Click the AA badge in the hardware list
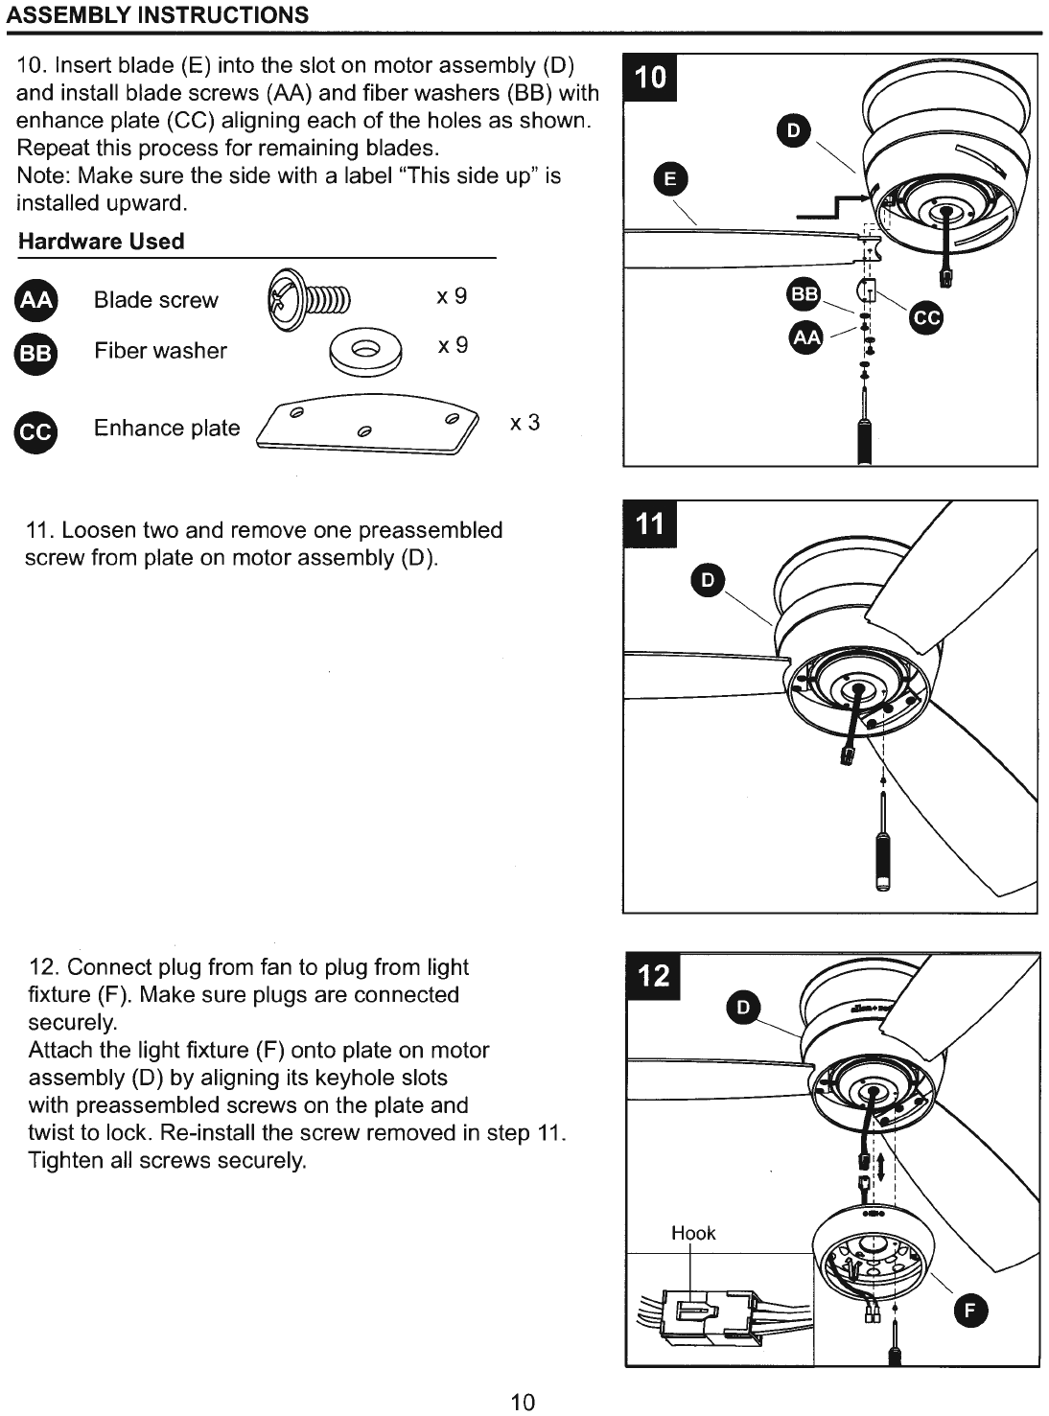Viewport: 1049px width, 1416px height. (35, 299)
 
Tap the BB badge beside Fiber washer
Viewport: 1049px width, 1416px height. (35, 353)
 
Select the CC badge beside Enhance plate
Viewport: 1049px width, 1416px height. (35, 432)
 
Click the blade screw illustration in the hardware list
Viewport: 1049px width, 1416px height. (309, 299)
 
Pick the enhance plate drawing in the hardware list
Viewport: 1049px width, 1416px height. (367, 425)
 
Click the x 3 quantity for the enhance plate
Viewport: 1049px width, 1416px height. (524, 423)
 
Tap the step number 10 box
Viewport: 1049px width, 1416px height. (650, 78)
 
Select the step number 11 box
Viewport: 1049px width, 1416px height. (650, 524)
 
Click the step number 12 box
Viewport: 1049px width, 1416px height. (653, 976)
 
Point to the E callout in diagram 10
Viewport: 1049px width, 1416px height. (670, 178)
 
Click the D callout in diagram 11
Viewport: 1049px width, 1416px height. (708, 580)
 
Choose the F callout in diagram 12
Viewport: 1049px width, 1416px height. (970, 1311)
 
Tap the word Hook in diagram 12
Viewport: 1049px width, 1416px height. (693, 1233)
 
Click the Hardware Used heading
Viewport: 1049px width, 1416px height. (102, 242)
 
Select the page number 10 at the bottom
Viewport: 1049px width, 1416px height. (523, 1403)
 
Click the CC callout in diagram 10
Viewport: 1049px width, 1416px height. (925, 318)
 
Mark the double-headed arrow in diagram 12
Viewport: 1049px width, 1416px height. (881, 1167)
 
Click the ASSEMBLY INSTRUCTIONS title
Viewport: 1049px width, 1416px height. (157, 14)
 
